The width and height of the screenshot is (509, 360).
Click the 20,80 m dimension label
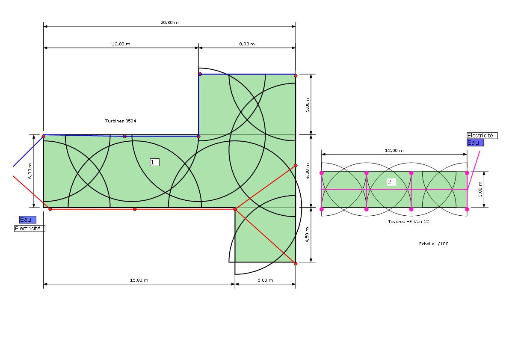[169, 22]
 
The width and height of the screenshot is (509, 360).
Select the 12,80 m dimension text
[121, 44]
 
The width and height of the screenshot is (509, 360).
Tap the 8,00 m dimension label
[247, 44]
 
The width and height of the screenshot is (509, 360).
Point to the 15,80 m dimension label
[139, 280]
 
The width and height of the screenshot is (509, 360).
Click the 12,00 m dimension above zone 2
[394, 150]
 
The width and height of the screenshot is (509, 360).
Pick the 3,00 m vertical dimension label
[480, 189]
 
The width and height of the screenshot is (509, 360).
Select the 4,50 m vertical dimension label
[307, 235]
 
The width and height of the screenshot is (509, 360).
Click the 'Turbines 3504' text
[121, 121]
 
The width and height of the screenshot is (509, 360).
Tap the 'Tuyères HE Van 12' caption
[408, 222]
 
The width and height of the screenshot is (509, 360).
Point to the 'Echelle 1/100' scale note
[434, 244]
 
